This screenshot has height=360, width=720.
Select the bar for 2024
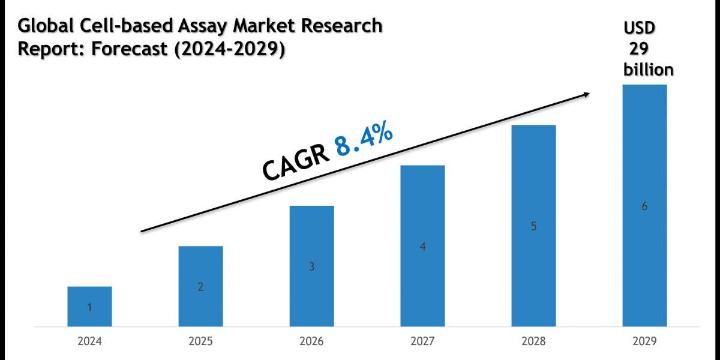[x=89, y=307]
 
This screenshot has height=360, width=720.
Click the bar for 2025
[x=200, y=286]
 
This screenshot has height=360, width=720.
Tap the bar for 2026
[x=311, y=266]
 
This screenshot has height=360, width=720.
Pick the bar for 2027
[x=422, y=246]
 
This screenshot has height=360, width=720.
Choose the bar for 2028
[x=533, y=226]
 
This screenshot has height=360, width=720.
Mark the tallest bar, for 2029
[x=644, y=206]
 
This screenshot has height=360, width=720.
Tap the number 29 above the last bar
[x=640, y=49]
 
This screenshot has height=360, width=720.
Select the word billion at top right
[x=648, y=70]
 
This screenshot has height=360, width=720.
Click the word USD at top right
[x=640, y=28]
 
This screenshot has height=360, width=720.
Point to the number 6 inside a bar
[x=644, y=206]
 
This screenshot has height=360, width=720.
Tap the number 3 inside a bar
[x=311, y=267]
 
